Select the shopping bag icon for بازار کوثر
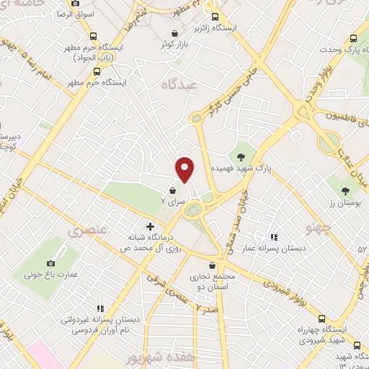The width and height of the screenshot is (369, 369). point(175,32)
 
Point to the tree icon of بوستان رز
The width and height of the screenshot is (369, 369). point(345,192)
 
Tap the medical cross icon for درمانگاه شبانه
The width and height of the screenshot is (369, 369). point(150,226)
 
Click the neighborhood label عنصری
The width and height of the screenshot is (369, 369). point(84,232)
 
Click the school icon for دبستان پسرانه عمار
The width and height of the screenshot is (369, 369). point(273,236)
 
